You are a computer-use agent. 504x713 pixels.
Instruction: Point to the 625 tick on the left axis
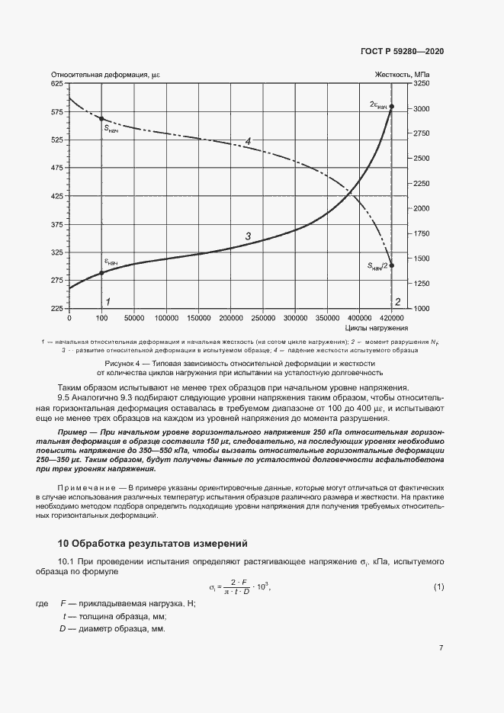coord(57,84)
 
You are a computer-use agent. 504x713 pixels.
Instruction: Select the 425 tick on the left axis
coord(57,196)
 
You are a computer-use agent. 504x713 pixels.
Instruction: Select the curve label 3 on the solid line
coord(248,237)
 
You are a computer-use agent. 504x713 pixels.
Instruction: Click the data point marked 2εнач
coord(391,106)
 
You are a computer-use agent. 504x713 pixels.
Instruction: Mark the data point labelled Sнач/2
coord(391,265)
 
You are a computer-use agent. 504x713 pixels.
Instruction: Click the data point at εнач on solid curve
coord(101,272)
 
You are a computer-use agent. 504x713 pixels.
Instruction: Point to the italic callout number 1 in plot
coord(108,302)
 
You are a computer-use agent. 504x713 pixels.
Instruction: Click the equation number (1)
coord(438,586)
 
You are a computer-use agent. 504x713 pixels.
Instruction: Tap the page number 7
coord(441,648)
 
